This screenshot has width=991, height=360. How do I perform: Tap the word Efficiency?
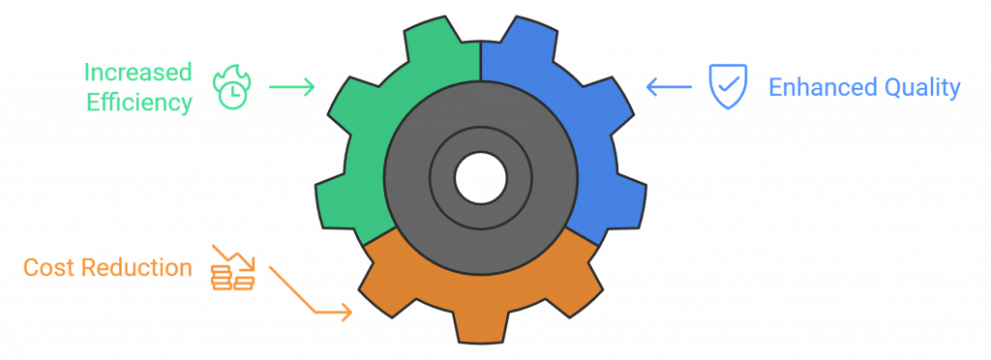(139, 103)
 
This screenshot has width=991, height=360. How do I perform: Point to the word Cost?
(49, 268)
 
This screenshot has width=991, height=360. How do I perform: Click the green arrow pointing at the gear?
(291, 87)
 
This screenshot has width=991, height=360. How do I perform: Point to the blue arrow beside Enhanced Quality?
(669, 88)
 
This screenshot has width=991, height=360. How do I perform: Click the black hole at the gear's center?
(480, 179)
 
